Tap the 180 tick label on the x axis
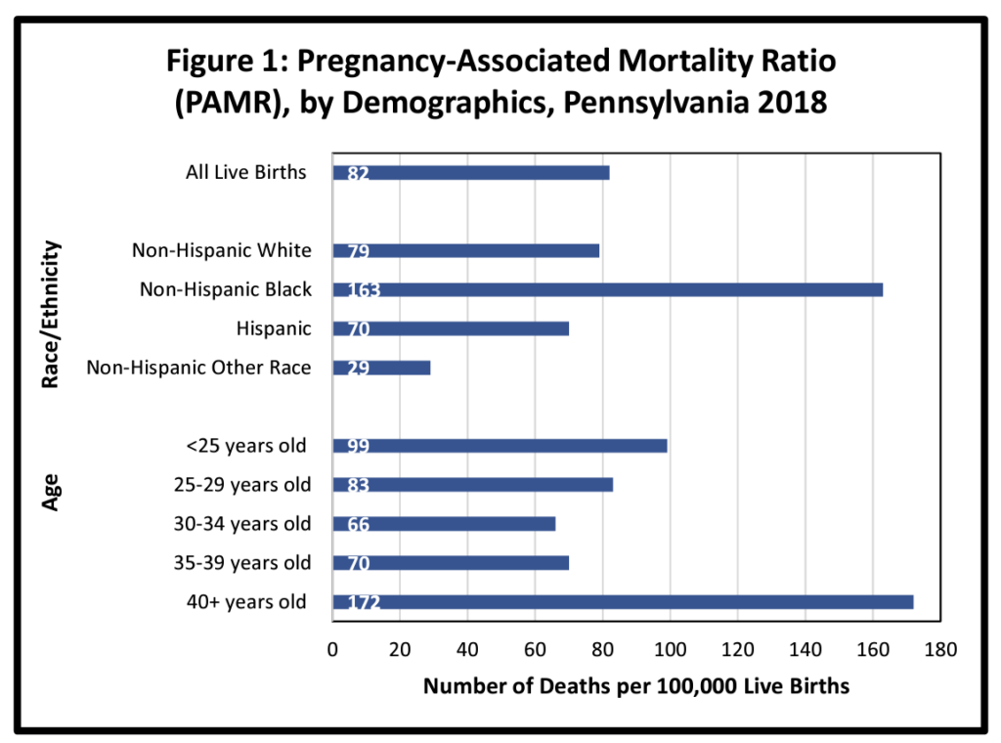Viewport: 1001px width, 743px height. click(939, 647)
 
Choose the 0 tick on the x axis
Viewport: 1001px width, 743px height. click(333, 647)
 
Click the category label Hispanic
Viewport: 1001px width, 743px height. click(273, 328)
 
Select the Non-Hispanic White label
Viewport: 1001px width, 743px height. click(222, 250)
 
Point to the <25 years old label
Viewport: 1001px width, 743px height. click(246, 446)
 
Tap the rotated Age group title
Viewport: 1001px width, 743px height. click(54, 492)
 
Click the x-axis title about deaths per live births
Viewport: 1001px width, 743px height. click(635, 686)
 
